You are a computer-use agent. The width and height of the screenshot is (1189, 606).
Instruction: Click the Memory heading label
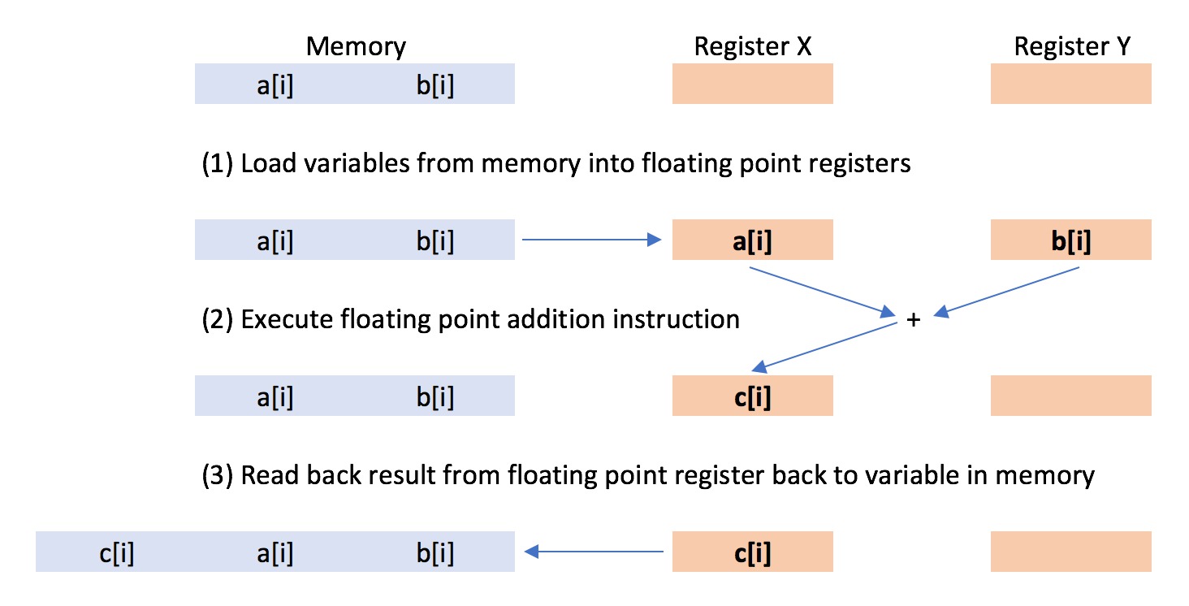356,46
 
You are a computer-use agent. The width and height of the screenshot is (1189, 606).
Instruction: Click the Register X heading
752,46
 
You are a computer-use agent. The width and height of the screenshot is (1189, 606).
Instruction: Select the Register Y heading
1070,46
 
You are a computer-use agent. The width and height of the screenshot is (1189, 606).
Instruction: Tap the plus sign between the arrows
913,320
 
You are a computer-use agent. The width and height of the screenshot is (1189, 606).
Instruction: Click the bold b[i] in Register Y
1070,241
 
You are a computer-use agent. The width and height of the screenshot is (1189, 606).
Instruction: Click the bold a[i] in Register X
752,241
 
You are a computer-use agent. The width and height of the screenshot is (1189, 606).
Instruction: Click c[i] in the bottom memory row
116,553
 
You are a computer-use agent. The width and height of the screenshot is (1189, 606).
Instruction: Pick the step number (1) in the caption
217,164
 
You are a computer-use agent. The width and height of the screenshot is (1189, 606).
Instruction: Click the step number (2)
217,319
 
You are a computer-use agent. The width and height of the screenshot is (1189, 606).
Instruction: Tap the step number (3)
217,475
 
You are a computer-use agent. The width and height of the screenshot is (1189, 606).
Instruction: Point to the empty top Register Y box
1070,84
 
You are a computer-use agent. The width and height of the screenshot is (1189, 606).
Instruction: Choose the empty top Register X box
752,84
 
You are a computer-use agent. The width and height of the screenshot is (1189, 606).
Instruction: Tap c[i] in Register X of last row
752,553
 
